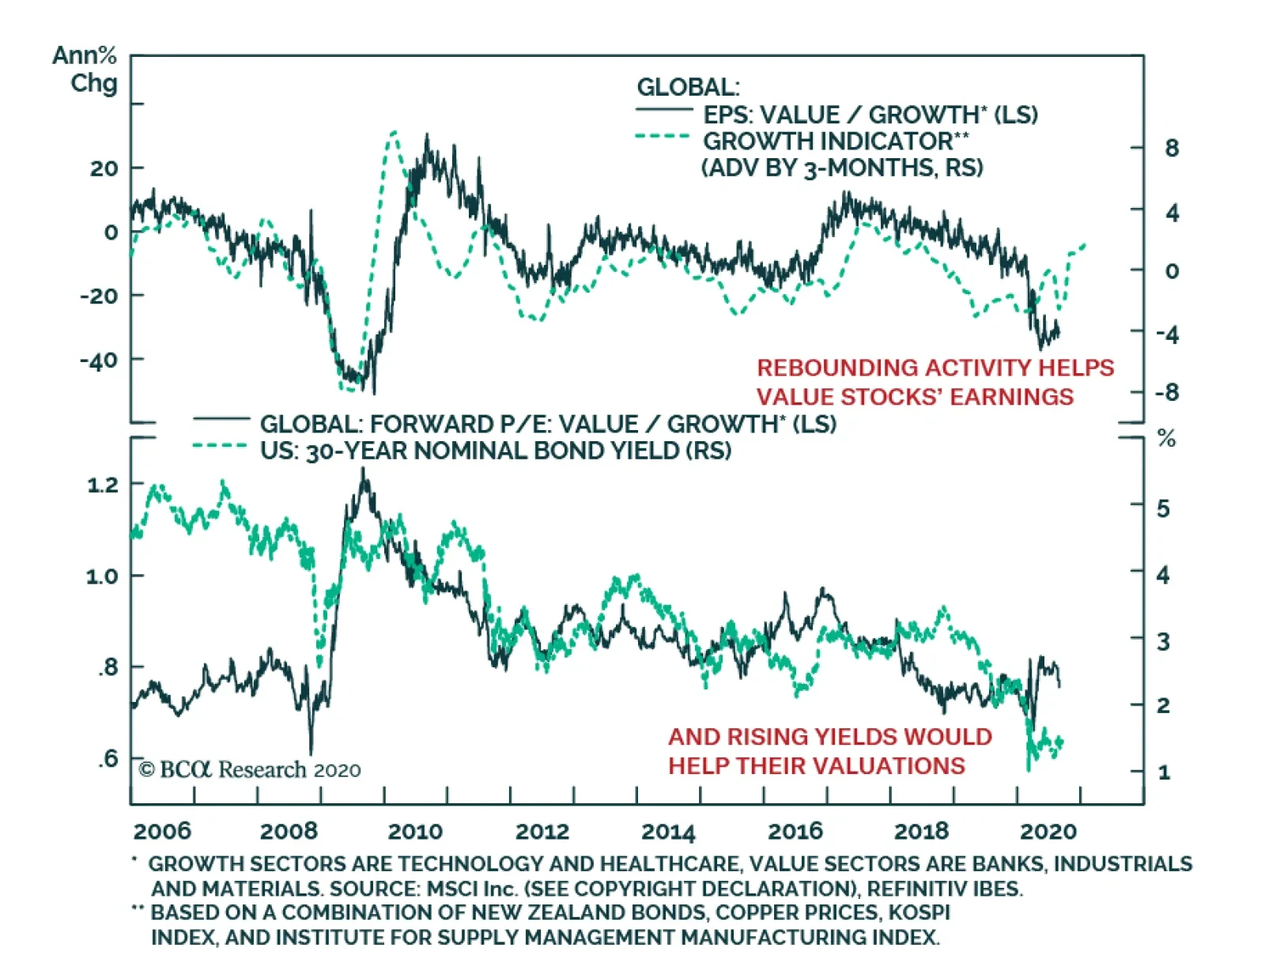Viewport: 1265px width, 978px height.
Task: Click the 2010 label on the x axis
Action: click(414, 831)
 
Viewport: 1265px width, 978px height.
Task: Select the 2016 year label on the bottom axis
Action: click(795, 831)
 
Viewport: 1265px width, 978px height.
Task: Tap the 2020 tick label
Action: click(1048, 831)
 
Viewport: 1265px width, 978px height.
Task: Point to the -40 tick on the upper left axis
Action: click(99, 360)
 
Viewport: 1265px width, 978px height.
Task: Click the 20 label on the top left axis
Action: click(104, 168)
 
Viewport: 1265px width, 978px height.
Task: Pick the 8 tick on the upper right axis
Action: click(1172, 148)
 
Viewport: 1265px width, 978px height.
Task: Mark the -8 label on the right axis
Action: click(1167, 392)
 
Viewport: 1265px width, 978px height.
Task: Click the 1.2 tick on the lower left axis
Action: click(103, 484)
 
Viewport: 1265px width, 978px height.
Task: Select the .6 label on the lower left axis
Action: click(108, 759)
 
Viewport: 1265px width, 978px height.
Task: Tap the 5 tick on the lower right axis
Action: click(1163, 508)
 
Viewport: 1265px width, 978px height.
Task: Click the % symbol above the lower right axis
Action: click(1166, 439)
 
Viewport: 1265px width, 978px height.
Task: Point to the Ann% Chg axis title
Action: click(85, 69)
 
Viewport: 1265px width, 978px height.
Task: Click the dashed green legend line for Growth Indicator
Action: click(663, 137)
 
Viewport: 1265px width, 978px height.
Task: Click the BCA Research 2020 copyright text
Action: click(250, 769)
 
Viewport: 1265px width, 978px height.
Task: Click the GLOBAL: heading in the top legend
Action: click(688, 87)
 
